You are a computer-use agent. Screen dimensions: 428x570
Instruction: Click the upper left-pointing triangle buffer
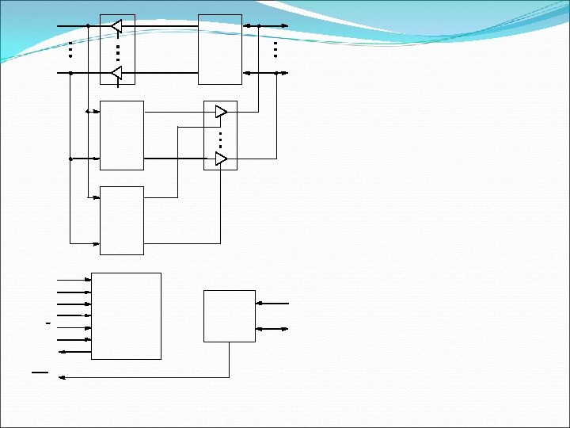116,26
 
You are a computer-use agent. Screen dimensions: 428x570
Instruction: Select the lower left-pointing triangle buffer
116,73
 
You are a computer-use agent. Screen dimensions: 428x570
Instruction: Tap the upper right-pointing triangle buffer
221,112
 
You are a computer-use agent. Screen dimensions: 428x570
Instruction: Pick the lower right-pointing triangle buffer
221,159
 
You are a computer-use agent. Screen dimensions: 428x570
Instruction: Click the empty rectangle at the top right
220,48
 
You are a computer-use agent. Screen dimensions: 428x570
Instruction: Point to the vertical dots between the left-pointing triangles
117,52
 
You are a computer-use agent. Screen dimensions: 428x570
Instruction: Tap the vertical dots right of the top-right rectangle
275,49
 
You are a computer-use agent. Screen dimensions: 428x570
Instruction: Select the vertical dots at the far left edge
70,49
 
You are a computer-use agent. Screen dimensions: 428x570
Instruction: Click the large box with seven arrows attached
126,315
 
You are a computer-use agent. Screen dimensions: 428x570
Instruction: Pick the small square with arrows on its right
229,315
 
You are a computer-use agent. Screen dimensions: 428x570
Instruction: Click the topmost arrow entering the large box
75,280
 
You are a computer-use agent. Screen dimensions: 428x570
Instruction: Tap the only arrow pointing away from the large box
75,351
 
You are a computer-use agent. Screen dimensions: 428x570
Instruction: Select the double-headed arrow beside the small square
272,328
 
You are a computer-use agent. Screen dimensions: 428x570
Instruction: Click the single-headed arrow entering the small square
272,303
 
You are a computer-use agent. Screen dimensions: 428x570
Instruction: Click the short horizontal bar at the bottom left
40,371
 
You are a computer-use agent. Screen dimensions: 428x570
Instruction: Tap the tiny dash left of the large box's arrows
48,324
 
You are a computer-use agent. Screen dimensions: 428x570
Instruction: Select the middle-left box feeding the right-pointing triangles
122,135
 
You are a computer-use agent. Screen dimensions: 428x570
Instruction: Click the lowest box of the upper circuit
122,220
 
